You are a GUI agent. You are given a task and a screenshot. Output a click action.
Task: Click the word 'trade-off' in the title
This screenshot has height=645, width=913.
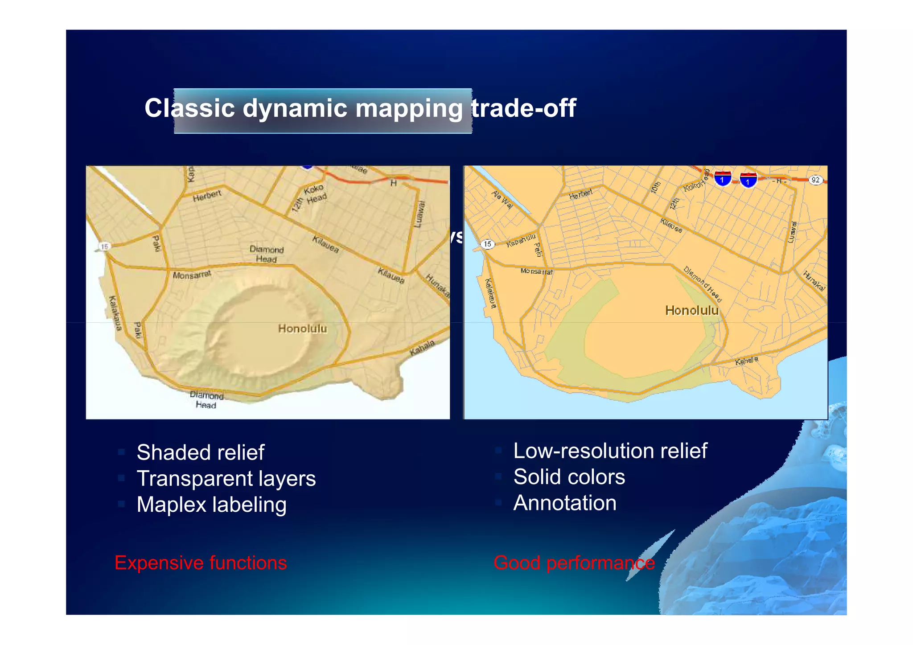click(x=524, y=108)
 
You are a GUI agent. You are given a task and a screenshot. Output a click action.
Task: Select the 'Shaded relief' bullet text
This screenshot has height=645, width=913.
click(x=201, y=452)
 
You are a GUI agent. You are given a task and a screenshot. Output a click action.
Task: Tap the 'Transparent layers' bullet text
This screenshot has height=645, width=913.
click(x=226, y=479)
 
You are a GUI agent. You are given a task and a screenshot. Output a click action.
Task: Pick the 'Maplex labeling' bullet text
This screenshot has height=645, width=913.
click(x=211, y=505)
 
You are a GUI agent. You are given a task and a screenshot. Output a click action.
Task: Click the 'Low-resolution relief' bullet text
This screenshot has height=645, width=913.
click(x=610, y=451)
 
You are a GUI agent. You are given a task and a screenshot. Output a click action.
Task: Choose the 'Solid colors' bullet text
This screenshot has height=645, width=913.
click(x=569, y=477)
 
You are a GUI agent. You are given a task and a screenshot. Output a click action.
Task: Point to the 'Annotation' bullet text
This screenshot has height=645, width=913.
click(x=565, y=503)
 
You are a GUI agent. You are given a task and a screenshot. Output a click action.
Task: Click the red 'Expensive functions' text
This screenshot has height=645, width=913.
click(x=201, y=563)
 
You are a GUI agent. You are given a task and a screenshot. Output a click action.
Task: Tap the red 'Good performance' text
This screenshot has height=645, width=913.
click(x=574, y=563)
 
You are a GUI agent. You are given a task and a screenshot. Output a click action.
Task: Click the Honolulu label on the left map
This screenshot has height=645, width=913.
click(x=303, y=329)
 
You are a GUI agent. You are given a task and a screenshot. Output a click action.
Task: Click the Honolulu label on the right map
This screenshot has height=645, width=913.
click(x=691, y=311)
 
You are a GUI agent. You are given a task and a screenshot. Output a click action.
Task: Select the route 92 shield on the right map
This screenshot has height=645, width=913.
click(x=815, y=180)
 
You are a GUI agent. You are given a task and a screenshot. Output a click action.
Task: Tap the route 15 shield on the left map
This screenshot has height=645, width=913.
click(x=104, y=246)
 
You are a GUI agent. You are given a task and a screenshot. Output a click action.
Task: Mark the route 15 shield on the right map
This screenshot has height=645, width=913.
click(x=488, y=244)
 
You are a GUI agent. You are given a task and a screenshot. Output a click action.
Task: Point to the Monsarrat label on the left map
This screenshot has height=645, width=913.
click(x=192, y=275)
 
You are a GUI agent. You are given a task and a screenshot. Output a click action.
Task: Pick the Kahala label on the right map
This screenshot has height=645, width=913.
click(x=746, y=361)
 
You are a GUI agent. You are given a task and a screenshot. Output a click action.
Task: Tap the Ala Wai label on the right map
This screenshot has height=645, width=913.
click(x=502, y=199)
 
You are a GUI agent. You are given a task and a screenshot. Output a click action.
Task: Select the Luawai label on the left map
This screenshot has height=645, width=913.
click(x=419, y=214)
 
